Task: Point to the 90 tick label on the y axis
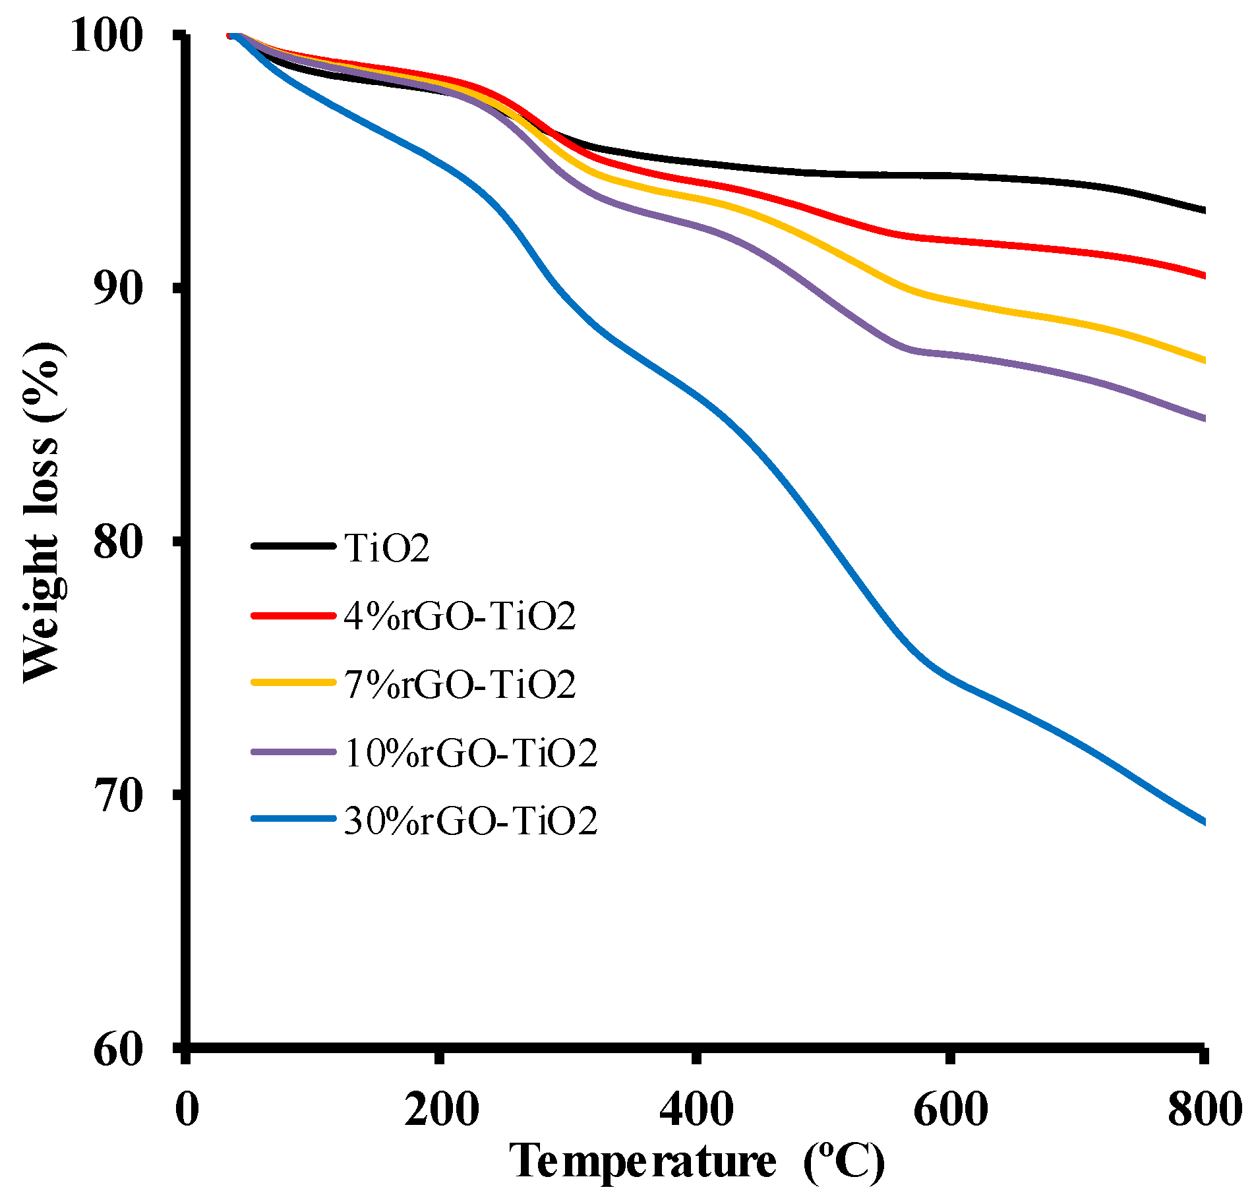pyautogui.click(x=118, y=288)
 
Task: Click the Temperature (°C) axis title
pyautogui.click(x=698, y=1163)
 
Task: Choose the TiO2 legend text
pyautogui.click(x=387, y=547)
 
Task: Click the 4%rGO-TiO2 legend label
pyautogui.click(x=460, y=616)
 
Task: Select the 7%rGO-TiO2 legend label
pyautogui.click(x=460, y=684)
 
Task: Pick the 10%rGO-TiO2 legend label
pyautogui.click(x=471, y=753)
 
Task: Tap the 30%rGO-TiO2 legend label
pyautogui.click(x=471, y=820)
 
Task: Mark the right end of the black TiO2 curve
pyautogui.click(x=1203, y=210)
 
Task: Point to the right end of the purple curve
pyautogui.click(x=1203, y=418)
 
